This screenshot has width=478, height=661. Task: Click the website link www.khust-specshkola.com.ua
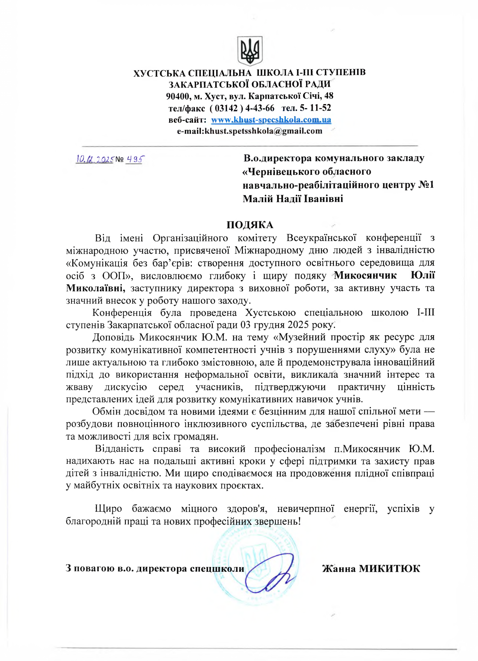[271, 120]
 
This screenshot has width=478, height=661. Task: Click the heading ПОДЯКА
[250, 225]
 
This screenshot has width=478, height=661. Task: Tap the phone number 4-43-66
[260, 108]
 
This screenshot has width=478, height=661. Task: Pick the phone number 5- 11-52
[315, 108]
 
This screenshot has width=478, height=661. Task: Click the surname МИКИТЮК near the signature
[389, 569]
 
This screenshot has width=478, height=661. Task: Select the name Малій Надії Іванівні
[293, 199]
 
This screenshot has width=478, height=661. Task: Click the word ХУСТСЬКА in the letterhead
[159, 73]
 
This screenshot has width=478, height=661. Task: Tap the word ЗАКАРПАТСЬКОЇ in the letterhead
[208, 84]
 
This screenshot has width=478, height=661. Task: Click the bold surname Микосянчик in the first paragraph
[365, 276]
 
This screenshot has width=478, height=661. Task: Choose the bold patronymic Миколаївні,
[96, 288]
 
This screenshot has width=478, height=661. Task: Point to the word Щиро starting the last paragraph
[108, 509]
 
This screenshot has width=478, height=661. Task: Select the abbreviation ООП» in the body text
[117, 276]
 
